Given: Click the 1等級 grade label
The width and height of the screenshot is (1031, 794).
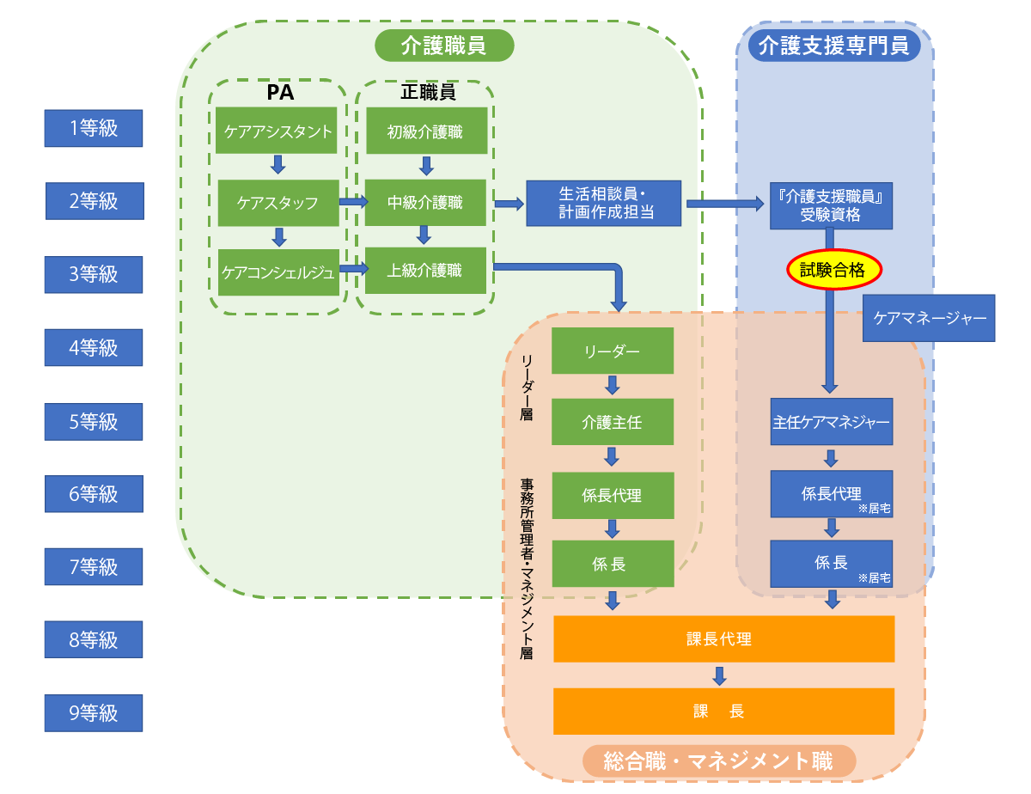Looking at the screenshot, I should click(94, 129).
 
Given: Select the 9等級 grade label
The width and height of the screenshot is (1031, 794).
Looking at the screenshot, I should click(94, 712).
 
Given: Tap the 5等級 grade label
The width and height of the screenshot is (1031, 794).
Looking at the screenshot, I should click(94, 422).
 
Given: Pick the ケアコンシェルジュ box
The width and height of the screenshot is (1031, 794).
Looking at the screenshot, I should click(278, 272).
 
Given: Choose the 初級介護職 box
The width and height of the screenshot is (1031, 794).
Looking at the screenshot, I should click(424, 131).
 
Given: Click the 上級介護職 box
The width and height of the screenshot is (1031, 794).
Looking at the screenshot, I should click(424, 271).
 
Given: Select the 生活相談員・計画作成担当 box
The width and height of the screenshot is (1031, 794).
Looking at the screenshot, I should click(603, 204).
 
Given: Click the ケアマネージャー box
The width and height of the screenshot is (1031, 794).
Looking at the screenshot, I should click(930, 318).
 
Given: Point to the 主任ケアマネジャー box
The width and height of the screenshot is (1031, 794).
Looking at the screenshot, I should click(831, 422).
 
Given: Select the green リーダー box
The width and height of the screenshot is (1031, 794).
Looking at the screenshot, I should click(612, 351).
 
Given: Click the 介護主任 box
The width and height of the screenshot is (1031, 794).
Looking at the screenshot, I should click(612, 422).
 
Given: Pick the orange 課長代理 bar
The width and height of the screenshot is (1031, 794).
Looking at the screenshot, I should click(723, 638).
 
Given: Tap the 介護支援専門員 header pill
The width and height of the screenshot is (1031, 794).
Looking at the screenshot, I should click(834, 45).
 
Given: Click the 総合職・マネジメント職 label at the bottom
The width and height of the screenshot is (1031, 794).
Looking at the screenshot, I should click(718, 760).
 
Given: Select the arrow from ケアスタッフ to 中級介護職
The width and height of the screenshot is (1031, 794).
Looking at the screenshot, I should click(352, 202).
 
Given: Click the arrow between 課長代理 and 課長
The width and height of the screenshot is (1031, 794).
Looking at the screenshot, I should click(720, 675).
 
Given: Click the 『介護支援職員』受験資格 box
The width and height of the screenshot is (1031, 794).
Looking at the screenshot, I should click(831, 205).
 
